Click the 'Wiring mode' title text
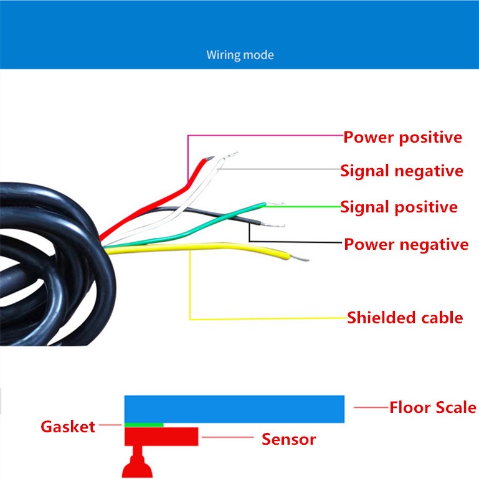pos(240,55)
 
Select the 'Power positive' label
pos(402,137)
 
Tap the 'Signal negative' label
pos(402,171)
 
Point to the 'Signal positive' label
pos(399,207)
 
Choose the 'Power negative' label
pos(406,244)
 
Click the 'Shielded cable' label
pos(405,318)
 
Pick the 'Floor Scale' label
pos(433,407)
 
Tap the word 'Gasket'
pos(68,427)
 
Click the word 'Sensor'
pos(288,439)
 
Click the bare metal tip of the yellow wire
pos(300,258)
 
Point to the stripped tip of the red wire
pos(209,158)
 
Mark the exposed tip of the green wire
pos(275,204)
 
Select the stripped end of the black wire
pos(273,225)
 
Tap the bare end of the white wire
pos(230,155)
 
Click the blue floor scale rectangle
pos(234,409)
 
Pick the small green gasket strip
pos(144,425)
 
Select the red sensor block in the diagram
pos(161,436)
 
